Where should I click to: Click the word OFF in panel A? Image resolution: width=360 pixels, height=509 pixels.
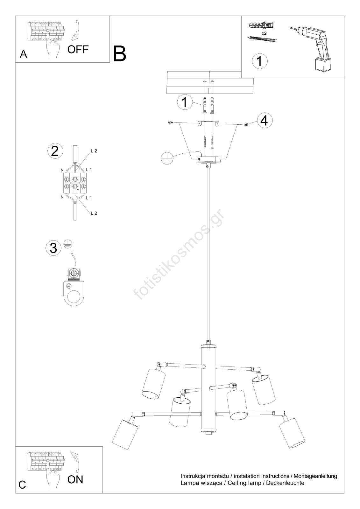pos(78,49)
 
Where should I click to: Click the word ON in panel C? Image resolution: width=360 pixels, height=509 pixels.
pos(75,479)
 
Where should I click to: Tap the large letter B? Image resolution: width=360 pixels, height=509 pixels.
pos(120,54)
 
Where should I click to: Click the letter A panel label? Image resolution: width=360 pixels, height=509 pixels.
pos(24,54)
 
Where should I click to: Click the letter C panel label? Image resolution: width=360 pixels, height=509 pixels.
pos(22,485)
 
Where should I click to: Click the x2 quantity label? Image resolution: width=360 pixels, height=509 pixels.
pos(264,33)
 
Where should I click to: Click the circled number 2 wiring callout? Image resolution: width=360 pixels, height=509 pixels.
pos(55,151)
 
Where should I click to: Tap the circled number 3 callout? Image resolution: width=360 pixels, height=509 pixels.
pos(53,248)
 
